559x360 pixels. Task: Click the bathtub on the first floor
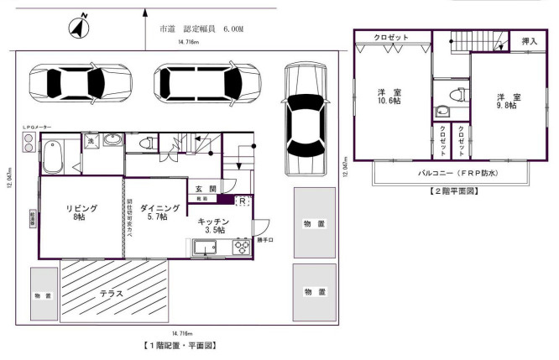(x=58, y=156)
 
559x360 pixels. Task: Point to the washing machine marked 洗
(x=91, y=142)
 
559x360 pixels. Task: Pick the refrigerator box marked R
(x=242, y=201)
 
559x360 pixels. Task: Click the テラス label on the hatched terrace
(x=112, y=294)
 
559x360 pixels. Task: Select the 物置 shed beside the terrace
(x=44, y=295)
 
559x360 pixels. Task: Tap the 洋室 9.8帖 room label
(x=505, y=101)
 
